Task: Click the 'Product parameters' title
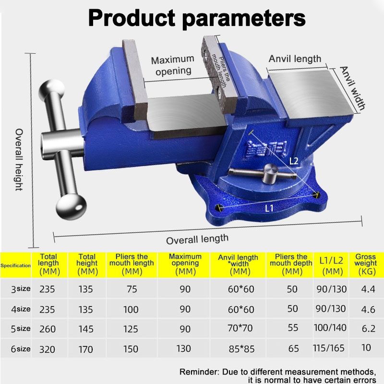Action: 197,18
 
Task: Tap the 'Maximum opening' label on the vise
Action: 173,65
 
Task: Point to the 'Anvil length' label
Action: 295,59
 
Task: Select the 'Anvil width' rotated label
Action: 352,88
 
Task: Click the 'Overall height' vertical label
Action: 19,159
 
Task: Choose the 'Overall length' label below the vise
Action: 197,239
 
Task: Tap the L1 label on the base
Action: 269,208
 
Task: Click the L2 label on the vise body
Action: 294,161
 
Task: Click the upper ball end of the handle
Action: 51,89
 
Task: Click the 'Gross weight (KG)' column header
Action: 366,264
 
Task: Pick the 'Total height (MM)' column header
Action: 87,264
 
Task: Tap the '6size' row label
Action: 21,349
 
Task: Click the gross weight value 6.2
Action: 368,328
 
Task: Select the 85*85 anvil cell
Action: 241,349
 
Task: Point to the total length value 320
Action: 48,349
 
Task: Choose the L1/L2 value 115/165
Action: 329,348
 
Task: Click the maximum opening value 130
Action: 184,348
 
